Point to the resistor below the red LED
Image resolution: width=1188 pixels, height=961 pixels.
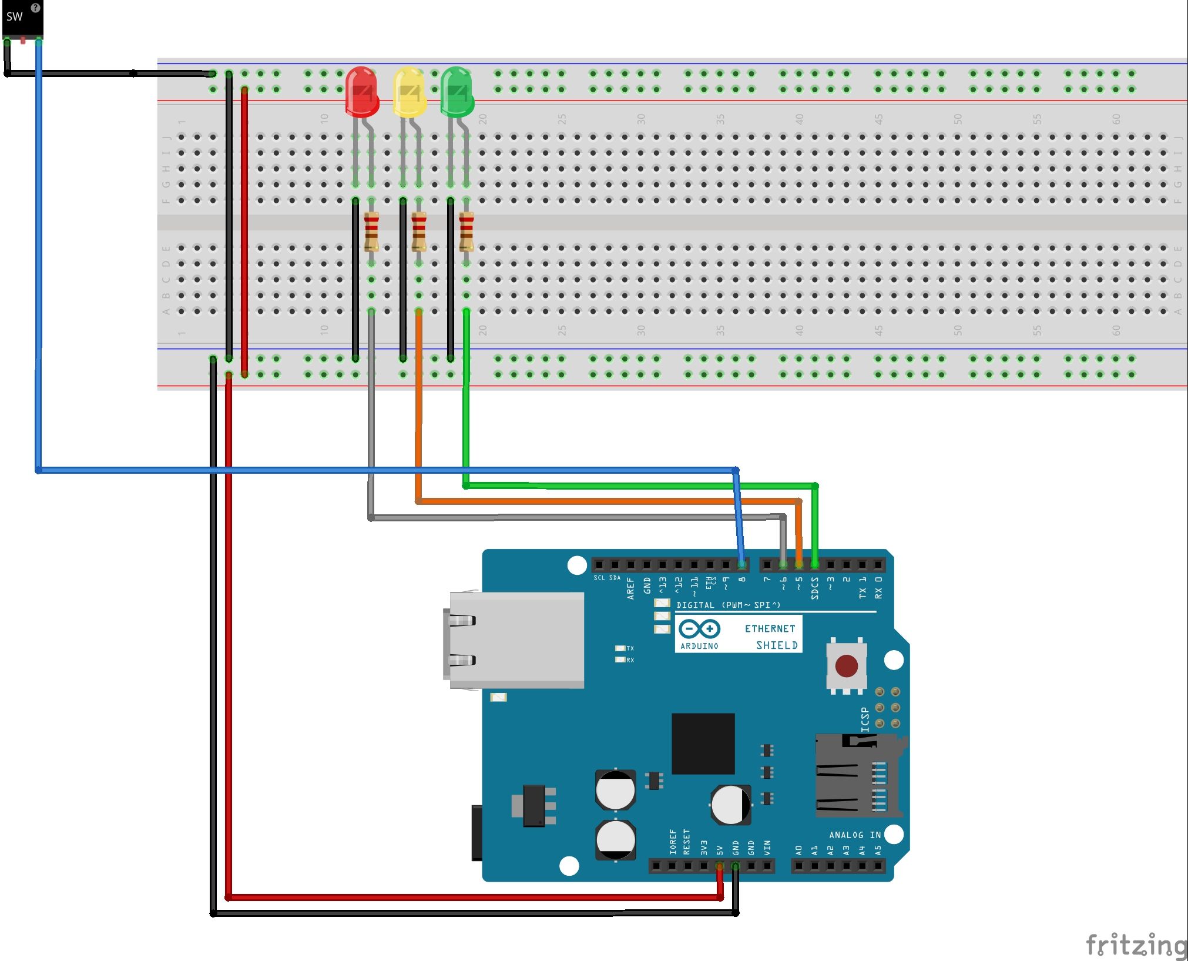click(371, 232)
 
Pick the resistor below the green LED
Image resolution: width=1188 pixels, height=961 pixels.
click(466, 232)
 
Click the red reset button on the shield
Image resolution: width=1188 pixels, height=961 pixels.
click(846, 666)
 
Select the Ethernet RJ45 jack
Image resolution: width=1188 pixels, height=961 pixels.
click(514, 639)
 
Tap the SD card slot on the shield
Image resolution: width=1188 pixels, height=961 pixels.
click(858, 776)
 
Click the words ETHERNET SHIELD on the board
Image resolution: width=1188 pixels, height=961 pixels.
click(770, 637)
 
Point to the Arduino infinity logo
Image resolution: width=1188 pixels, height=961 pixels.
click(699, 629)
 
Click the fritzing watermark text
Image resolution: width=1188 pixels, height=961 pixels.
click(1136, 945)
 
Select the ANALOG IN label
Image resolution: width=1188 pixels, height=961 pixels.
click(854, 835)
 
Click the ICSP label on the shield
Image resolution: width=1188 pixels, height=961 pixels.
click(865, 719)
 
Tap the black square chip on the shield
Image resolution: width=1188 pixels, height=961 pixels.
click(703, 744)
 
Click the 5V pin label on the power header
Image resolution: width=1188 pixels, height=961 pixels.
click(720, 850)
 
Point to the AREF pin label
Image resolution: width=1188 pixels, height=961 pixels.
click(630, 588)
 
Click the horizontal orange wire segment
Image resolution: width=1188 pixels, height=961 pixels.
click(605, 501)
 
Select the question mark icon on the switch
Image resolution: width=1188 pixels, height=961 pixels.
click(35, 8)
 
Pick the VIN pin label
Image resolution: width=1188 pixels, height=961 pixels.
click(767, 848)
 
